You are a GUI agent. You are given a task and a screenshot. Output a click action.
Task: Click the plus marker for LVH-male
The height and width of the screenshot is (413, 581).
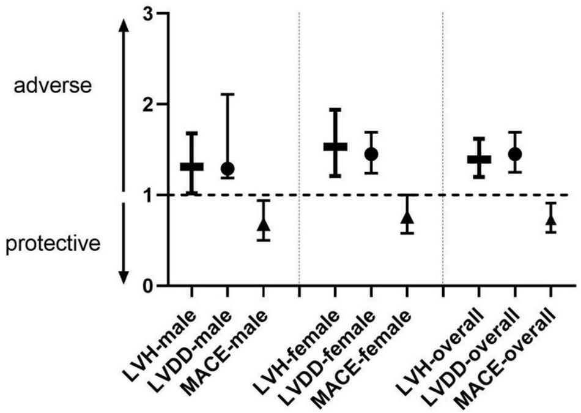tap(191, 166)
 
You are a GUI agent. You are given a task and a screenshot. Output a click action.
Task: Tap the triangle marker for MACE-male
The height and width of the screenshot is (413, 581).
tap(264, 224)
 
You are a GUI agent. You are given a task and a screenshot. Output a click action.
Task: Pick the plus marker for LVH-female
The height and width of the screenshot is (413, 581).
tap(335, 146)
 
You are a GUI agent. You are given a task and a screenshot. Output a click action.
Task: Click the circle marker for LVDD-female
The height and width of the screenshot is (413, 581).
tap(371, 154)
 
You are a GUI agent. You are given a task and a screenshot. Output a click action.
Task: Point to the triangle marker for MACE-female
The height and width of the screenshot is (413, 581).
tap(407, 218)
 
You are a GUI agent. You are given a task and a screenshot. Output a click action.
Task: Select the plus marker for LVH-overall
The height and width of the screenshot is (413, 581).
tap(479, 159)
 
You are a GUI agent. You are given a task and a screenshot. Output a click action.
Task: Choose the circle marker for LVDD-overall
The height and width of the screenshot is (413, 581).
tap(515, 154)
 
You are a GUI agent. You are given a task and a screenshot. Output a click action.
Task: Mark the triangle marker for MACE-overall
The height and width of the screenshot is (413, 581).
tap(551, 220)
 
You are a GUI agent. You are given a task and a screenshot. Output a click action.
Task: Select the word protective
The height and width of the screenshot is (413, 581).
tap(53, 244)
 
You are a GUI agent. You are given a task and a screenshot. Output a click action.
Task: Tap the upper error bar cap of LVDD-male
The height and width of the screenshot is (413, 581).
tap(228, 94)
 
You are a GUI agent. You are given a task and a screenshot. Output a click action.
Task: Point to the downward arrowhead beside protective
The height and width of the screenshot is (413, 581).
tap(124, 277)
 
